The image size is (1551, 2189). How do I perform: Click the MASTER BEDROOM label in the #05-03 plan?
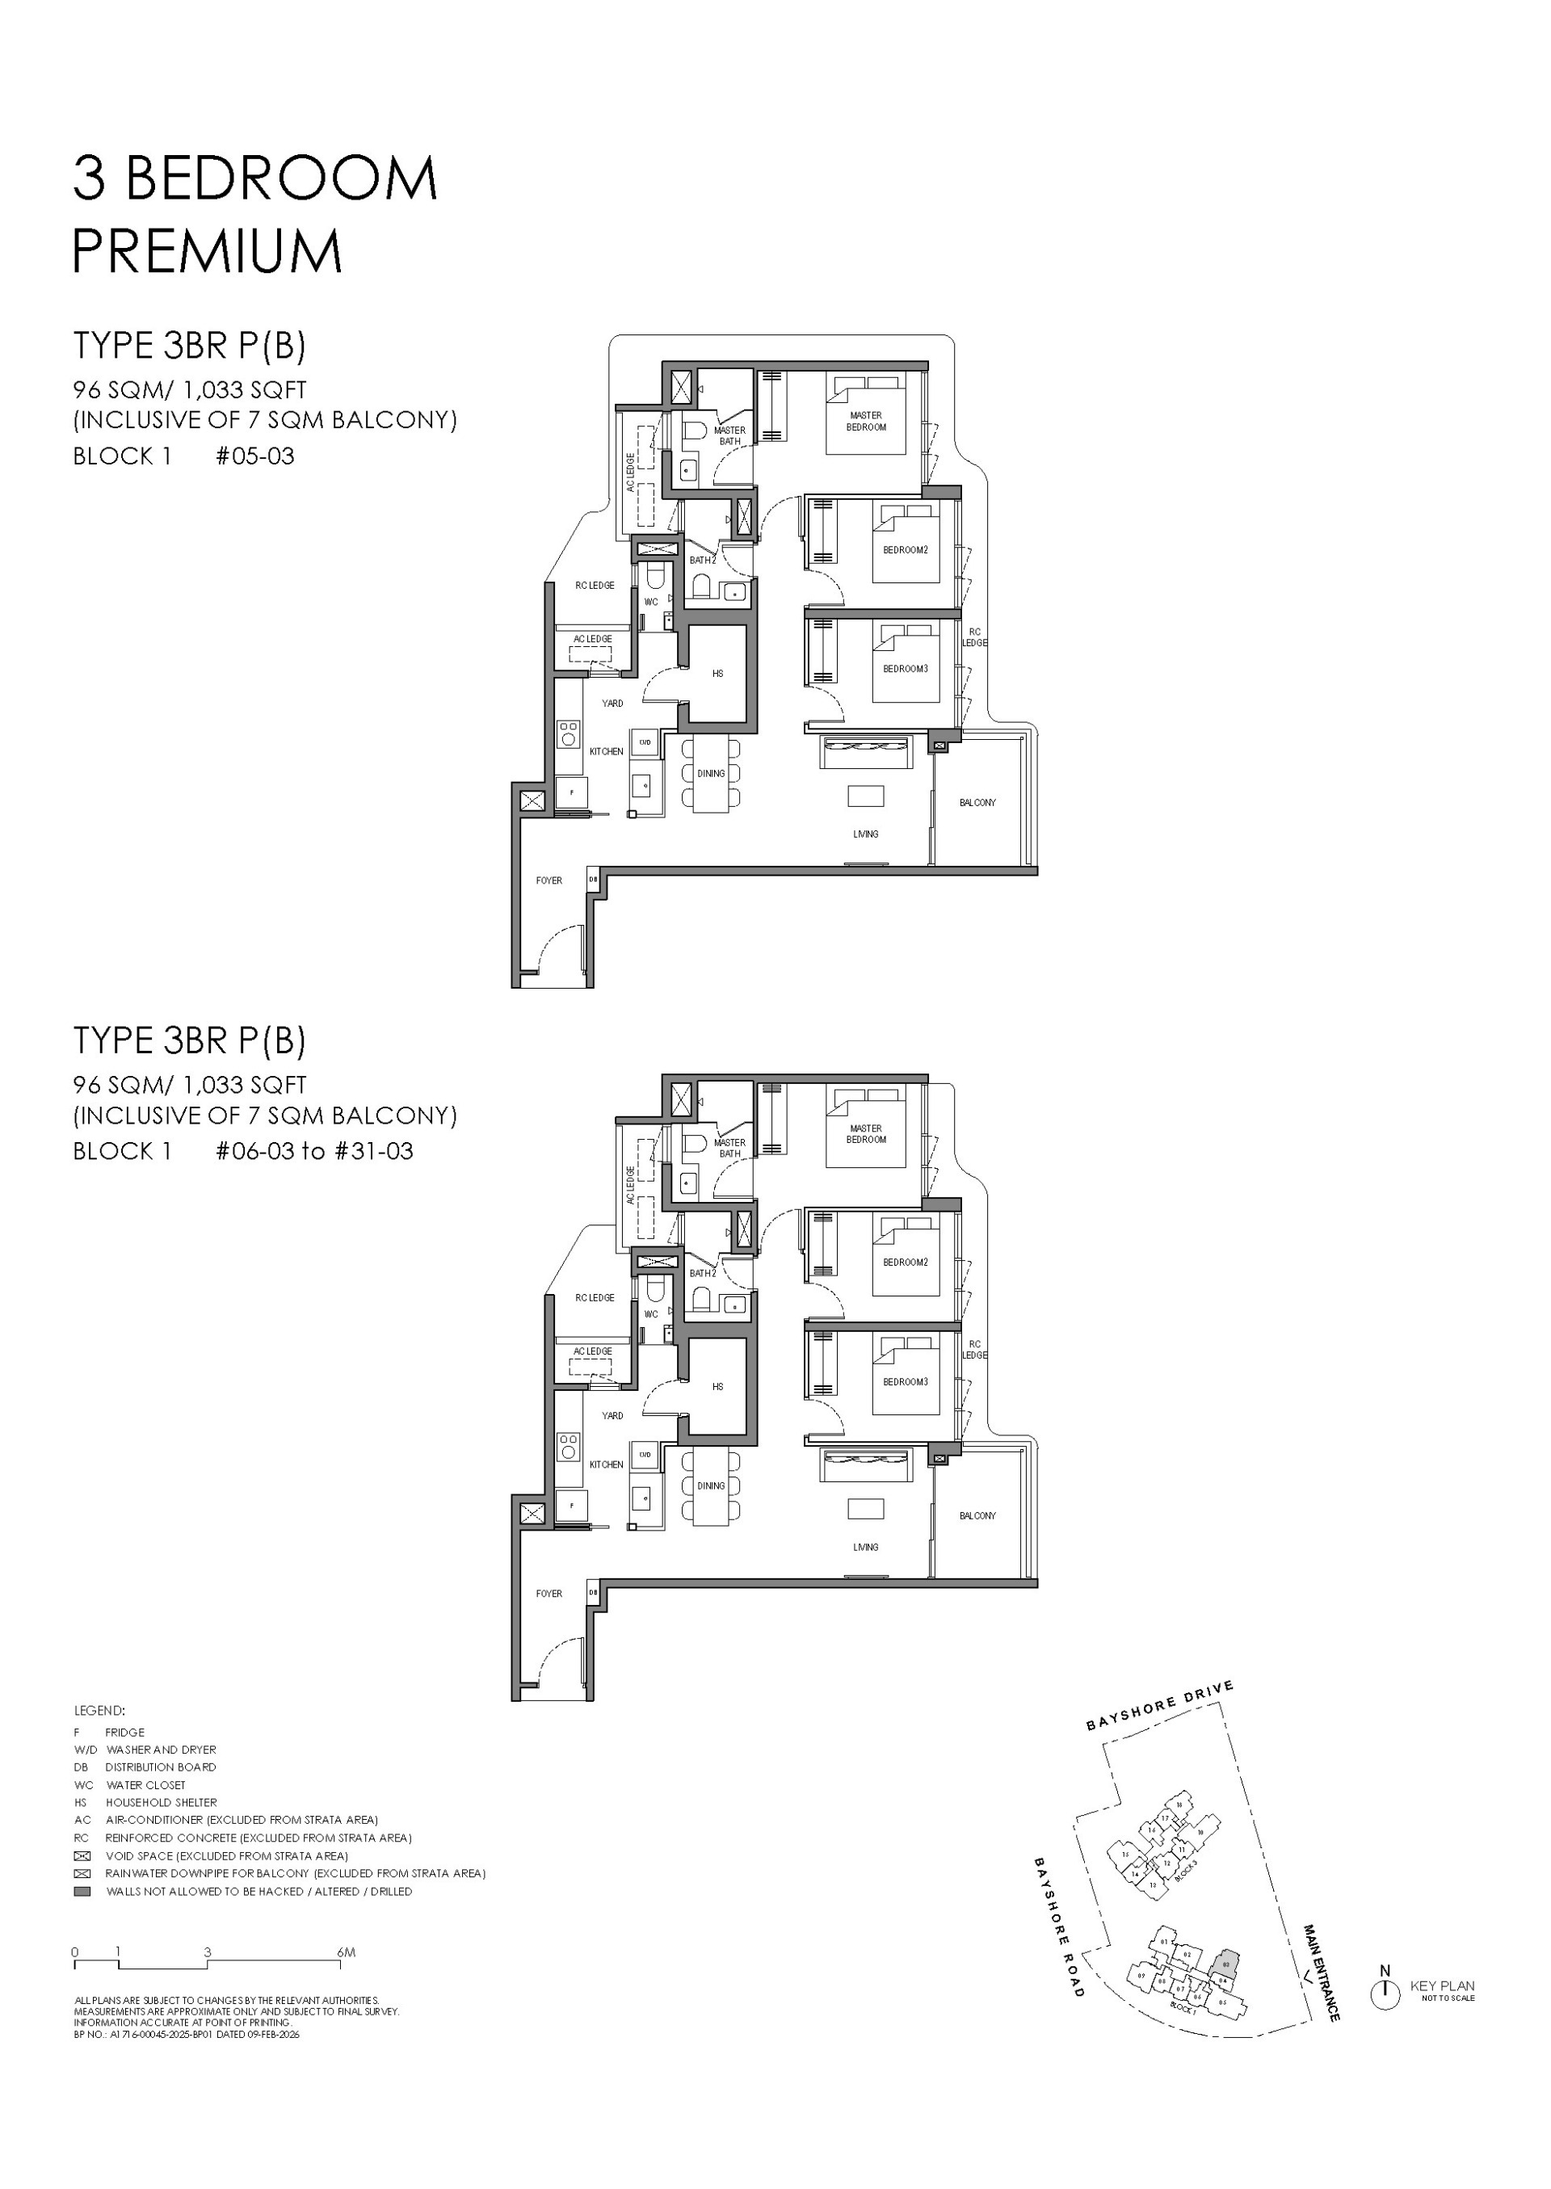(x=865, y=421)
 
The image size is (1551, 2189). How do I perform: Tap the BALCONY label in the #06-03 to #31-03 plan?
(x=977, y=1515)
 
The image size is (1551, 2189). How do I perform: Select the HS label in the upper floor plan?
(x=717, y=674)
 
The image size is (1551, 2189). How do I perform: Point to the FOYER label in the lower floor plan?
(x=549, y=1593)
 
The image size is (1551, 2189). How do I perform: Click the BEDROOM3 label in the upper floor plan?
(x=905, y=669)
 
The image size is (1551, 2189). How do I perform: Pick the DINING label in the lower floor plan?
(x=711, y=1486)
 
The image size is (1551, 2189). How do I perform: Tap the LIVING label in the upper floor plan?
(x=865, y=834)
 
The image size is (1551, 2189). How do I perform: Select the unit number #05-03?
(x=255, y=456)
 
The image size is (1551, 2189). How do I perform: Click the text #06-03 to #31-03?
(x=314, y=1151)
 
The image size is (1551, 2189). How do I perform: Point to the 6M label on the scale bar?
(x=346, y=1952)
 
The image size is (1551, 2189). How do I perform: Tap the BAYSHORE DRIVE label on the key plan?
(x=1159, y=1707)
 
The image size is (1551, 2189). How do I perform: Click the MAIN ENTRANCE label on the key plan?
(x=1322, y=1973)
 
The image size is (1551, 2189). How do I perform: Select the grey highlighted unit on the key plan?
(x=1225, y=1964)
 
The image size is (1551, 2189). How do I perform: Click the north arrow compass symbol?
(x=1385, y=1994)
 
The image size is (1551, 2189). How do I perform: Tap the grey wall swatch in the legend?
(x=82, y=1891)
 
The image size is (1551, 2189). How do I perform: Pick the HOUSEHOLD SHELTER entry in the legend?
(x=161, y=1802)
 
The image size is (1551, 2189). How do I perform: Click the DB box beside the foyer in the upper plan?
(x=592, y=880)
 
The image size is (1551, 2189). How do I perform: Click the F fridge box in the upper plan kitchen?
(x=572, y=792)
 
